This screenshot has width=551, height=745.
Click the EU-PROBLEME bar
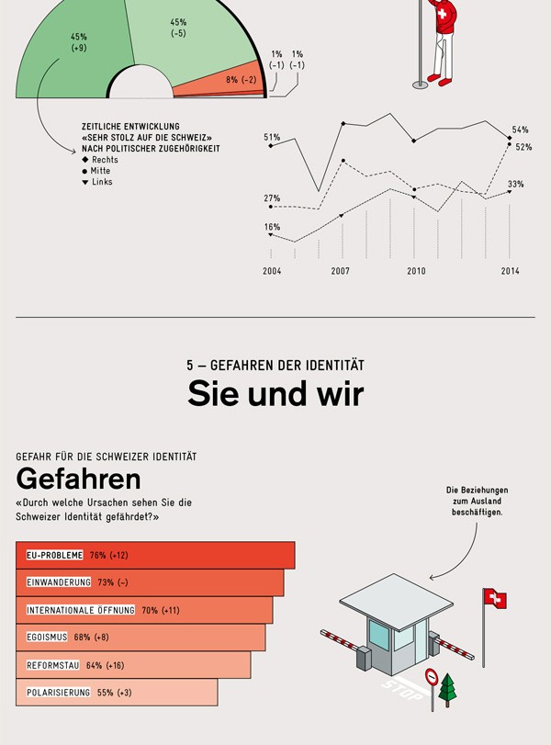(x=155, y=555)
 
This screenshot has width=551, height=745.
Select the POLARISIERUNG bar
(x=117, y=692)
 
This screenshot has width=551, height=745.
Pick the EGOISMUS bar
(x=141, y=638)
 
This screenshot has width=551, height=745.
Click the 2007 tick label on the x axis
(x=341, y=271)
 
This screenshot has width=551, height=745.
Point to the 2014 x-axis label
(x=511, y=271)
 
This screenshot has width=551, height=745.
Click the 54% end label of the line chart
(x=521, y=130)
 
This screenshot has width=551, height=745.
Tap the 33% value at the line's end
(x=516, y=185)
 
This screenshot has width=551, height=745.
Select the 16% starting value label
(x=272, y=227)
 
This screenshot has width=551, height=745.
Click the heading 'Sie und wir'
(x=275, y=394)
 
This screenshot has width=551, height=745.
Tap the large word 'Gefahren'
(x=78, y=479)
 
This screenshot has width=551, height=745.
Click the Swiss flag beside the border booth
(x=495, y=600)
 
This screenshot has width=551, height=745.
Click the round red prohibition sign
(x=431, y=677)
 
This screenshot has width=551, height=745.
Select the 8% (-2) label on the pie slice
(x=242, y=80)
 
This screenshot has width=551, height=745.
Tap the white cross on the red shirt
(x=445, y=16)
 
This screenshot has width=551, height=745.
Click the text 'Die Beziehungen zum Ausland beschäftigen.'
(x=477, y=501)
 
